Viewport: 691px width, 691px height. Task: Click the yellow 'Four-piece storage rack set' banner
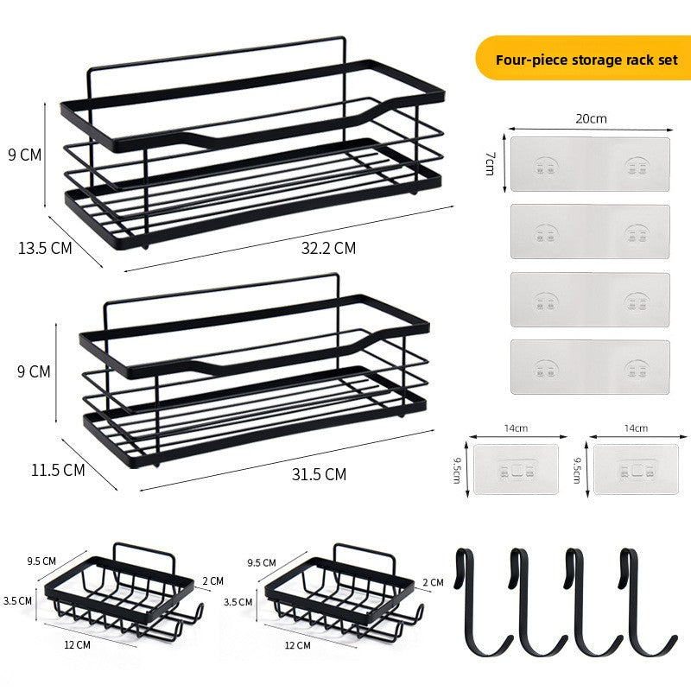point(582,58)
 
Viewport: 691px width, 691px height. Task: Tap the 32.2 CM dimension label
point(328,248)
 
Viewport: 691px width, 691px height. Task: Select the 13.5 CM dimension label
point(45,248)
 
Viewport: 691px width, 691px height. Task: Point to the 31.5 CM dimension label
point(319,474)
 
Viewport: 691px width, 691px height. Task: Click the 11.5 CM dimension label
point(58,470)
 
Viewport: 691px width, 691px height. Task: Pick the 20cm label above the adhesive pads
point(591,118)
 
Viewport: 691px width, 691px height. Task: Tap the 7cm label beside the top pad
point(490,164)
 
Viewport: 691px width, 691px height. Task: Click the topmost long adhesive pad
point(590,164)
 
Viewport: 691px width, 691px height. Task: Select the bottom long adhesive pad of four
point(590,366)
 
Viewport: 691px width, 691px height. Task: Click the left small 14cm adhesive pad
point(516,469)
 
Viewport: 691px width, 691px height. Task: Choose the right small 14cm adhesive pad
point(636,469)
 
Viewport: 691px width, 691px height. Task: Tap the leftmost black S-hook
point(483,601)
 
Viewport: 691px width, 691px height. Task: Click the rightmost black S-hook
point(648,601)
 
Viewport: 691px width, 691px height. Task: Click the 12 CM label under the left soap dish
point(77,644)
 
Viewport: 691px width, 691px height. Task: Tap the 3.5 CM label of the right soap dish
point(238,602)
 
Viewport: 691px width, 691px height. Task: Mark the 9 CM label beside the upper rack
point(25,155)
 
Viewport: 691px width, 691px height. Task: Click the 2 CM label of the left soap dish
point(212,580)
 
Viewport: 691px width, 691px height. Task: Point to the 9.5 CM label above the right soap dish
point(262,563)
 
